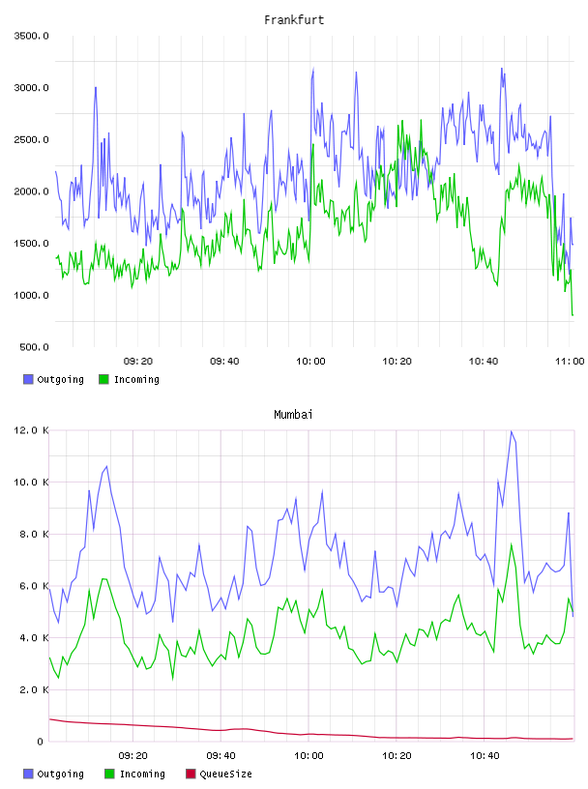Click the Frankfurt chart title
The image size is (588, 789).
click(x=294, y=20)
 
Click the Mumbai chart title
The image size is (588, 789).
click(x=293, y=415)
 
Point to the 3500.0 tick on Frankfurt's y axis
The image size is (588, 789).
click(x=31, y=36)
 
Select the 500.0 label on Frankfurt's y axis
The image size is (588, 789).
click(x=34, y=347)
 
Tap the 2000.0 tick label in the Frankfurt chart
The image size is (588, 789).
click(x=31, y=191)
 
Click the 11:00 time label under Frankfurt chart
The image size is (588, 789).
click(x=570, y=362)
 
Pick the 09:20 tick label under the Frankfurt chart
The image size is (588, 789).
click(x=138, y=362)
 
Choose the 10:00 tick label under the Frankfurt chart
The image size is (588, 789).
click(x=310, y=362)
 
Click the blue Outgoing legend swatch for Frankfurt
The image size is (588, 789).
click(x=28, y=379)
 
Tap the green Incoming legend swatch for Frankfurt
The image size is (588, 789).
click(x=103, y=379)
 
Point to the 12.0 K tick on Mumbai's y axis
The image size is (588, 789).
click(x=31, y=430)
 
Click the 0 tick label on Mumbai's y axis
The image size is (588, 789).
click(x=41, y=742)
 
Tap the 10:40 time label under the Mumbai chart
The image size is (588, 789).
click(x=485, y=756)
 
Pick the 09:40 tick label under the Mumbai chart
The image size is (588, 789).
click(x=221, y=756)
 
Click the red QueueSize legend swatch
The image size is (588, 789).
click(x=191, y=774)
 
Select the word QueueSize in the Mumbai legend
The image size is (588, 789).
click(x=225, y=774)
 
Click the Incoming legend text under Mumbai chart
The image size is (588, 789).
click(x=142, y=774)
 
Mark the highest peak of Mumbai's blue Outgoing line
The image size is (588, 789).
click(x=511, y=431)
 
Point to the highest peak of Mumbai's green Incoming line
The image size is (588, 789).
click(x=512, y=544)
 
